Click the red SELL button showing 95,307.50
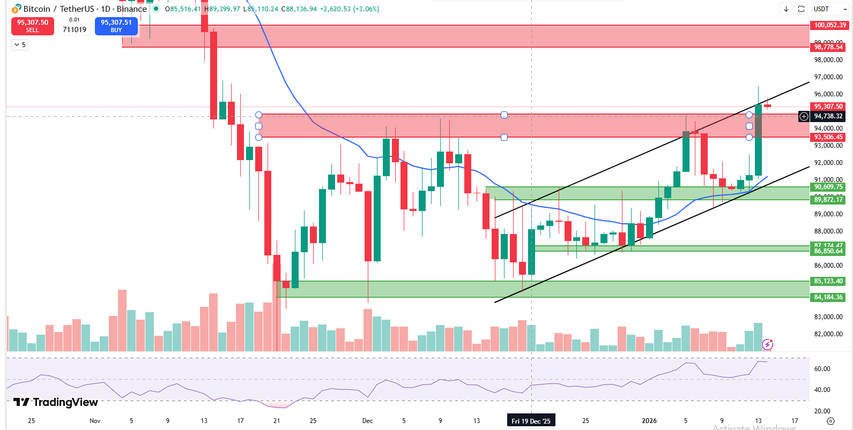click(x=33, y=26)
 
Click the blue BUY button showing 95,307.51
click(x=116, y=26)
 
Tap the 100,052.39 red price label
click(x=829, y=25)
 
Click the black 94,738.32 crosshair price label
click(x=828, y=116)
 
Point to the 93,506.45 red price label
click(x=828, y=137)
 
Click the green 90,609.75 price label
click(x=828, y=187)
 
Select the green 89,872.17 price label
click(x=828, y=200)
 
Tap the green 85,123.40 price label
click(x=828, y=281)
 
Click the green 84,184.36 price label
click(x=828, y=297)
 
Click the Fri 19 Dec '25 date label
click(x=531, y=421)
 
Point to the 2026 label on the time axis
click(x=649, y=421)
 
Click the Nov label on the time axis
click(x=95, y=421)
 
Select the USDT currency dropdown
click(x=830, y=9)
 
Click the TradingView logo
click(x=56, y=402)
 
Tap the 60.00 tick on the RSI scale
click(x=822, y=369)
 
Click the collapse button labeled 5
click(x=20, y=45)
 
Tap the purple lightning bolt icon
click(x=767, y=344)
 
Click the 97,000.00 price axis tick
click(x=828, y=77)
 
